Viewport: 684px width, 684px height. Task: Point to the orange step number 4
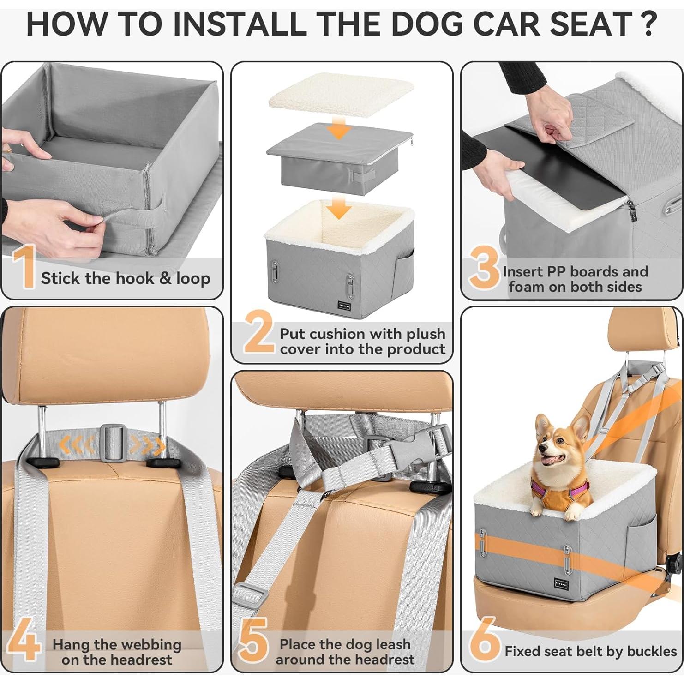point(23,640)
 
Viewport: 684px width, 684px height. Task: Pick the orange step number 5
point(253,640)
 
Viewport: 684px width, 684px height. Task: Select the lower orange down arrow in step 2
point(339,209)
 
